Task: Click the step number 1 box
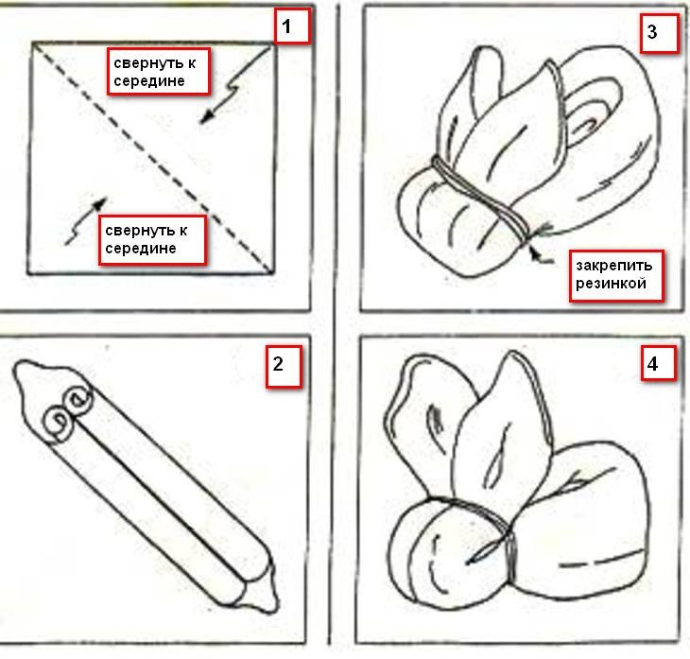coord(292,26)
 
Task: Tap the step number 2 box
coord(284,366)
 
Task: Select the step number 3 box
coord(659,33)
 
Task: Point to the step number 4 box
coord(659,363)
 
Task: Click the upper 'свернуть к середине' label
coord(159,71)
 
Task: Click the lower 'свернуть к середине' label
coord(152,240)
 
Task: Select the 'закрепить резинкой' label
coord(616,276)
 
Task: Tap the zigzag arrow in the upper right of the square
coord(234,86)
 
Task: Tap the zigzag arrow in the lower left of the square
coord(86,221)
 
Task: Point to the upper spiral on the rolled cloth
coord(78,401)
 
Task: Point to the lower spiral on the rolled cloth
coord(58,423)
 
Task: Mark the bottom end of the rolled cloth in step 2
coord(269,607)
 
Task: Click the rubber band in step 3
coord(481,199)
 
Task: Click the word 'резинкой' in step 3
coord(611,284)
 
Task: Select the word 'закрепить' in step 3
coord(614,267)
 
